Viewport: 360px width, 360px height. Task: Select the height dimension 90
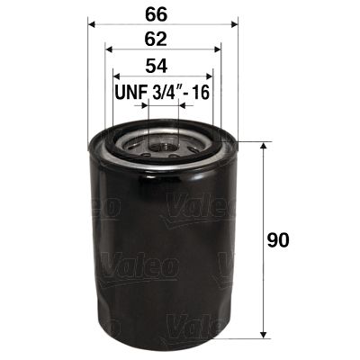283,241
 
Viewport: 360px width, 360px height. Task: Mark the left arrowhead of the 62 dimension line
109,50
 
